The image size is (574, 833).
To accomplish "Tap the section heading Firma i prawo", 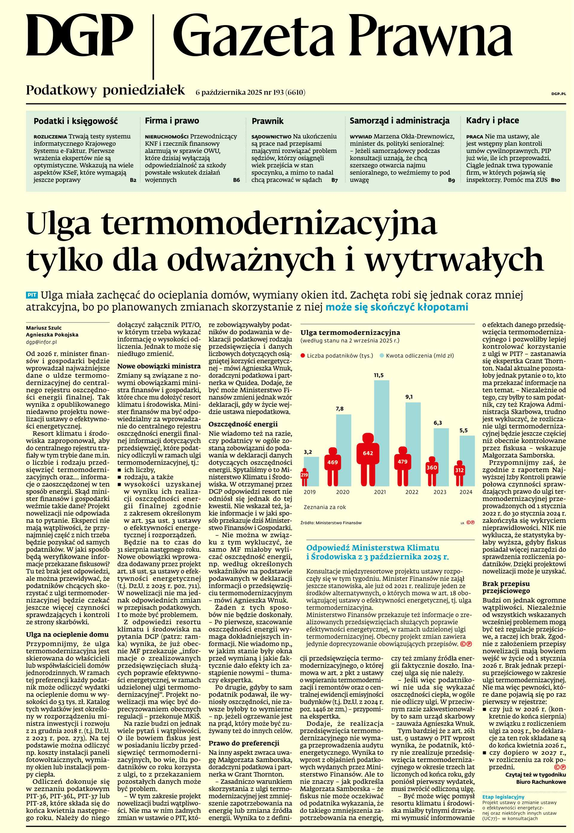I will pos(172,121).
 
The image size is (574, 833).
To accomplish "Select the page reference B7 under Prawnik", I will pos(335,180).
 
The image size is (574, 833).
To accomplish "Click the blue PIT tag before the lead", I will pos(32,295).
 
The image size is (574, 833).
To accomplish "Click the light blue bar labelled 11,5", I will pos(381,431).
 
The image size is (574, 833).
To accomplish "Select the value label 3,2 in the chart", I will pos(308,452).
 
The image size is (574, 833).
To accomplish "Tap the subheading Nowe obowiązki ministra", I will pos(159,367).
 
